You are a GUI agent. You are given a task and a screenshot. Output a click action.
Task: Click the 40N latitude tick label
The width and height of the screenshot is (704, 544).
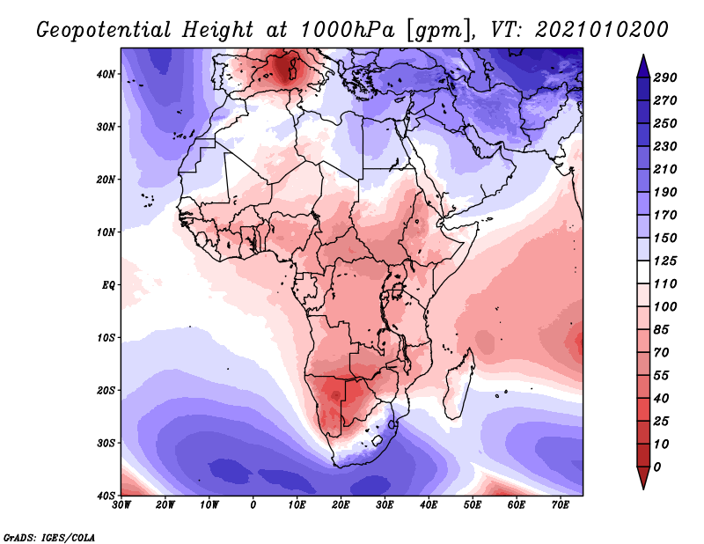coord(106,74)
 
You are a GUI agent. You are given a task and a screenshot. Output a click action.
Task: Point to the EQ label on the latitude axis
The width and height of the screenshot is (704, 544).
coord(108,284)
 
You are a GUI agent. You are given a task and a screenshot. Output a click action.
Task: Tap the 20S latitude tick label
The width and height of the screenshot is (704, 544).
coord(106,390)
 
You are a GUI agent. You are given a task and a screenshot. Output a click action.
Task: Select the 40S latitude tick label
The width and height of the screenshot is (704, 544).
coord(106,496)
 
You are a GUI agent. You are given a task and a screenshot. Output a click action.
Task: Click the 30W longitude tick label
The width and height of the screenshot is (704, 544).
coord(122,505)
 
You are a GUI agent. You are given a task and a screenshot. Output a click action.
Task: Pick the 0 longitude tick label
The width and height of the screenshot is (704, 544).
coord(253,505)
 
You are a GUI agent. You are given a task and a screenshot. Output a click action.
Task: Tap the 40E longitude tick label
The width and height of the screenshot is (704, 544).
coord(429,505)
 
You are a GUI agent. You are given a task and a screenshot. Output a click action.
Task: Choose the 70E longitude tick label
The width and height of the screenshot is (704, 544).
coord(560,505)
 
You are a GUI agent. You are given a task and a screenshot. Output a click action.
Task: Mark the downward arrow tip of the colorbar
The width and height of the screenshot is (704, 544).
coord(642,486)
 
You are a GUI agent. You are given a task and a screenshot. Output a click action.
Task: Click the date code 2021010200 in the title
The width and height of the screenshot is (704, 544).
coord(598,29)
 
